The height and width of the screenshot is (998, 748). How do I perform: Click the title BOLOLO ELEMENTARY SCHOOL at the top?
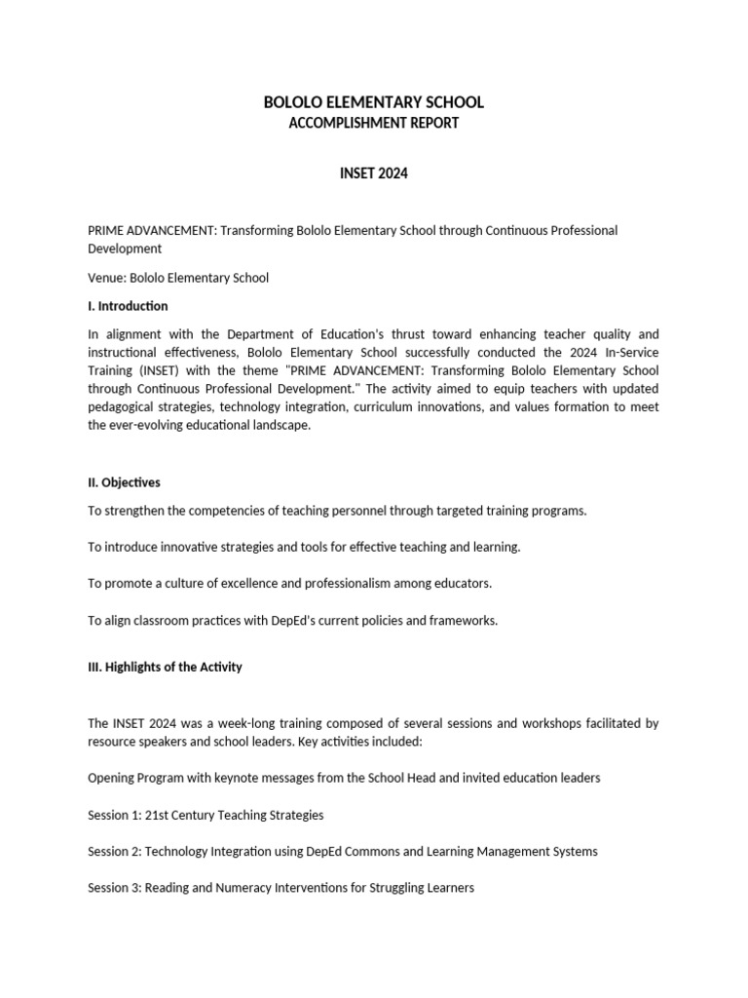tap(374, 102)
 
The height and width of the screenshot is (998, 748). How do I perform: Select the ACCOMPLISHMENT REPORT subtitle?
tap(374, 124)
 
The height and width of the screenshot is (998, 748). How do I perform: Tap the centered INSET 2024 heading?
tap(374, 173)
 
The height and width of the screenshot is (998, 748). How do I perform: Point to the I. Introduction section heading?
tap(128, 306)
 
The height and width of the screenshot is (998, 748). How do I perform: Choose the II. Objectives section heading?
tap(125, 482)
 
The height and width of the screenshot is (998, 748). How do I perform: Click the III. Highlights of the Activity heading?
tap(165, 668)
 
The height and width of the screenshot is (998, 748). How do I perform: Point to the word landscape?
tap(283, 426)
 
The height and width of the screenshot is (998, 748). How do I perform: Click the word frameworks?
tap(464, 621)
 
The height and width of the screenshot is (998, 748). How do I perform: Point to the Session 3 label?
tap(114, 889)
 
